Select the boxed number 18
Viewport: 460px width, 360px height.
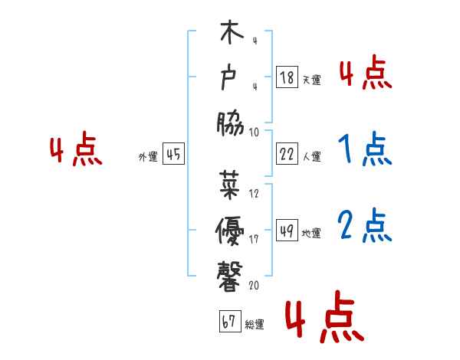point(287,77)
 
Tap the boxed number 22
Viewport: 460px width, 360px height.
point(287,154)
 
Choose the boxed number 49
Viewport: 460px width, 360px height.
point(287,231)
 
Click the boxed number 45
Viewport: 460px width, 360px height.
point(173,155)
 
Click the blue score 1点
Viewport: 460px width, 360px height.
point(365,150)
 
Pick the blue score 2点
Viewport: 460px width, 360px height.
point(365,227)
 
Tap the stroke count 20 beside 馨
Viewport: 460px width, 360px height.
point(254,285)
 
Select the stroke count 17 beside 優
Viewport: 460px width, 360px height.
point(254,239)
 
